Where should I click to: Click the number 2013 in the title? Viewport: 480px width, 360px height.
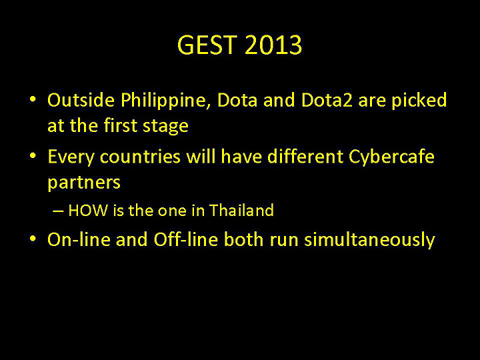(273, 46)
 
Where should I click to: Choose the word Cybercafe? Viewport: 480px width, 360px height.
(391, 157)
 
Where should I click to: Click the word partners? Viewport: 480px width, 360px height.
(84, 183)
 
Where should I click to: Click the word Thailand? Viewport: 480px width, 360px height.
(241, 211)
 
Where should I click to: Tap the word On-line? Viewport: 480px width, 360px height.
(79, 240)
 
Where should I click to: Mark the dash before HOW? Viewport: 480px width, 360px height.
(57, 211)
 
